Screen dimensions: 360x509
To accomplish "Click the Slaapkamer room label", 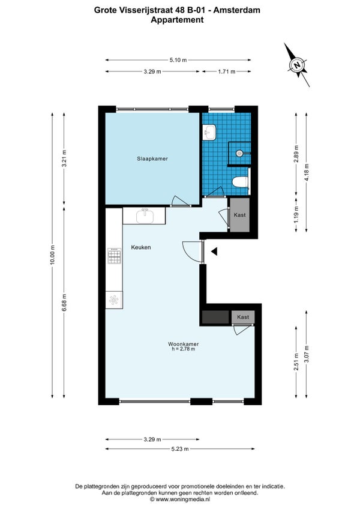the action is pyautogui.click(x=152, y=158).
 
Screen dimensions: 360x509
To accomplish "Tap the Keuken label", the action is pyautogui.click(x=141, y=247).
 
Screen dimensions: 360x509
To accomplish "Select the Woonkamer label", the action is pyautogui.click(x=183, y=344).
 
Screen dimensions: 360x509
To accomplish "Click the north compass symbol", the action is pyautogui.click(x=298, y=65).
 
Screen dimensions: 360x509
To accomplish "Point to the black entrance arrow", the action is pyautogui.click(x=214, y=251).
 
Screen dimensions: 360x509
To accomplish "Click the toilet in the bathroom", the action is pyautogui.click(x=241, y=182).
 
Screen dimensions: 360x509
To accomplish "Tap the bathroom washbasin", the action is pyautogui.click(x=209, y=133).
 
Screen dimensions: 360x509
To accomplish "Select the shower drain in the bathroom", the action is pyautogui.click(x=239, y=153).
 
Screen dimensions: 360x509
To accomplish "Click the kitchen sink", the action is pyautogui.click(x=145, y=216).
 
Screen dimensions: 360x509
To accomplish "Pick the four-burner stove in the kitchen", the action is pyautogui.click(x=114, y=256).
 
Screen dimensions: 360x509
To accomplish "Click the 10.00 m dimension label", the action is pyautogui.click(x=53, y=255).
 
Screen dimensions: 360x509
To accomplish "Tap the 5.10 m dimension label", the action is pyautogui.click(x=178, y=60).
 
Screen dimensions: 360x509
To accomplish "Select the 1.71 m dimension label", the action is pyautogui.click(x=227, y=71).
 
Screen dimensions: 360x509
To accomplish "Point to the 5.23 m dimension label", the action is pyautogui.click(x=180, y=449).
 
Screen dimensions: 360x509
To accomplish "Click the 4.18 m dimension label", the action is pyautogui.click(x=307, y=172).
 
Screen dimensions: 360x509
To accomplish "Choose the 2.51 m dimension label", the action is pyautogui.click(x=296, y=362).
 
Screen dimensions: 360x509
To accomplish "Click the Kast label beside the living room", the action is pyautogui.click(x=243, y=317).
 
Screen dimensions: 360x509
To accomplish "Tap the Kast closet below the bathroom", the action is pyautogui.click(x=239, y=215).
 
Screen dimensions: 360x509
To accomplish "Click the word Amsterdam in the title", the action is pyautogui.click(x=236, y=10).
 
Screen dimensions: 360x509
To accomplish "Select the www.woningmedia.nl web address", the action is pyautogui.click(x=183, y=499).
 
